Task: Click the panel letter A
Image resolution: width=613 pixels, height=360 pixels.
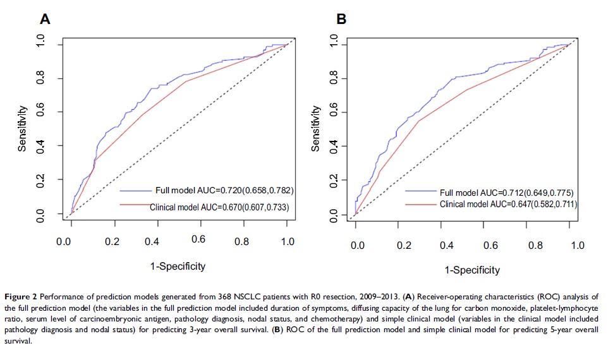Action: pos(45,19)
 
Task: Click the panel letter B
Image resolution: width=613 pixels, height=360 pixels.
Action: pos(341,19)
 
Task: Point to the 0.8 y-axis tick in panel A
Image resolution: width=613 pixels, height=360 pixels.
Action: pos(40,78)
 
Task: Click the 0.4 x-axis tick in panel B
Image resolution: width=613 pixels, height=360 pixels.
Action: pos(446,245)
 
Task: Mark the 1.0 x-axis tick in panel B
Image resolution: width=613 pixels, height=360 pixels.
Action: pos(577,245)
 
